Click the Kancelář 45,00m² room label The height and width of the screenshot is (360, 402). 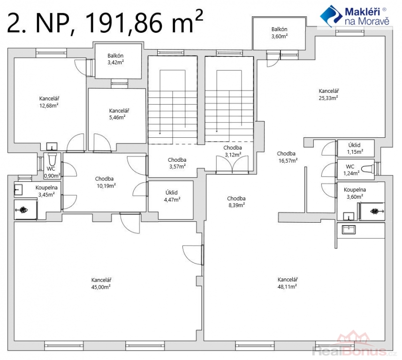coord(101,284)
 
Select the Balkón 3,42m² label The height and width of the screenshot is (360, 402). coord(115,59)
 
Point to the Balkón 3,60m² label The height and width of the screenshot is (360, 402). coord(280,32)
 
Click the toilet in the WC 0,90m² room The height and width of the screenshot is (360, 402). coord(52,159)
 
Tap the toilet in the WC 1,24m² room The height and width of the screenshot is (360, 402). coord(368,169)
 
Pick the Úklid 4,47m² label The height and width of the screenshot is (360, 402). coord(172,196)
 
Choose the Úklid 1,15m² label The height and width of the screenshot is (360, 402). coord(355,148)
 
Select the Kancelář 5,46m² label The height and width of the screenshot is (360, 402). coord(119,114)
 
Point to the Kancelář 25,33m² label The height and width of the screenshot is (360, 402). coord(328,94)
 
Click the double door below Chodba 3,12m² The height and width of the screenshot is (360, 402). coord(232,164)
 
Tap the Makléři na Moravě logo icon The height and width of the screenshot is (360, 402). coord(331,16)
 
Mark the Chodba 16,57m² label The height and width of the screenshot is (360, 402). coord(287,157)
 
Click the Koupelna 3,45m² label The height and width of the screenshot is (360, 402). coord(46,191)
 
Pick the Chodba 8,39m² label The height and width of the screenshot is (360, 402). coord(236,202)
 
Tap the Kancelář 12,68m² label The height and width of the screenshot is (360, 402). coord(49,102)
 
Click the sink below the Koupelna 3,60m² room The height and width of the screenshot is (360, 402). coord(349,230)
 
